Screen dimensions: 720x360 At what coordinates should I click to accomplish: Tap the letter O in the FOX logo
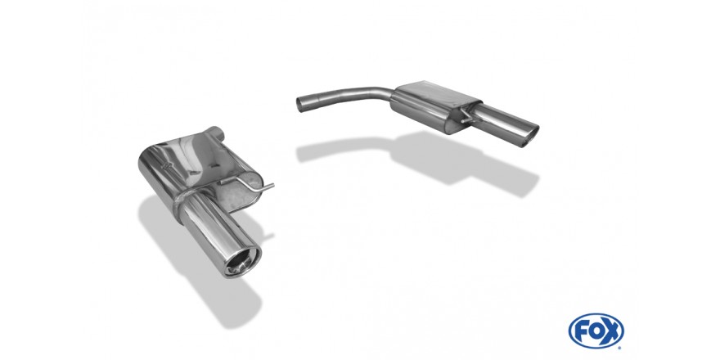coord(595,331)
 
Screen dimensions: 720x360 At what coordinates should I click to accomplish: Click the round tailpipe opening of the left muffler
coord(243,262)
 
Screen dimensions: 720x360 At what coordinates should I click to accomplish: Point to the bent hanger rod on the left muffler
coord(247,183)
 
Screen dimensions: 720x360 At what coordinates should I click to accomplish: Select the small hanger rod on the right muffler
coord(468,115)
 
